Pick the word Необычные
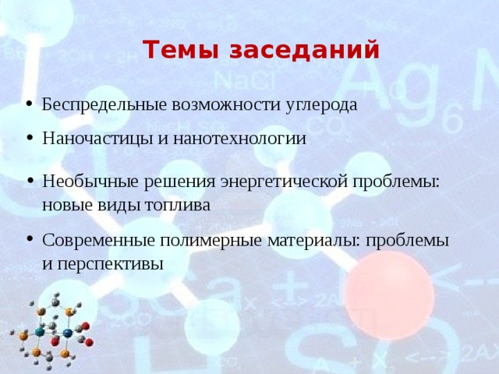pyautogui.click(x=80, y=182)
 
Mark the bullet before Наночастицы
pyautogui.click(x=28, y=140)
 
